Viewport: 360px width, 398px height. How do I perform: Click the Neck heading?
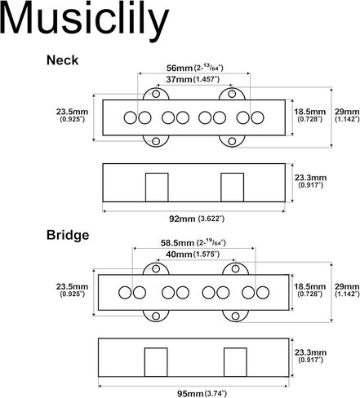point(62,60)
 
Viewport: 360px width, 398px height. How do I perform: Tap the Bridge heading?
point(68,235)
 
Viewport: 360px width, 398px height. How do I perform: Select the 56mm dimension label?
point(180,68)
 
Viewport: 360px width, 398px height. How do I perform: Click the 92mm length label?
point(182,219)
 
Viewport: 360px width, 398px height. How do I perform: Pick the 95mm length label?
point(190,393)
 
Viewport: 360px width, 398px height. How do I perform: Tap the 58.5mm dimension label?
point(177,243)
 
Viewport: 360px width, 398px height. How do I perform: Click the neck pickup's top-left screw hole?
point(156,94)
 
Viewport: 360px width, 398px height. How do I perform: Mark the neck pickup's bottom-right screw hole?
point(232,141)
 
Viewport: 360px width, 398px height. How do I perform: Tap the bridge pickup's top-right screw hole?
point(235,269)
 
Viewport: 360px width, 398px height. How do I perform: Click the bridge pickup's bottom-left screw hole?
point(156,316)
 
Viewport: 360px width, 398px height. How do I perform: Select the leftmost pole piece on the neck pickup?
point(131,117)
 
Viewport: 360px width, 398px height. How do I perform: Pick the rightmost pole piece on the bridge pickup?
point(263,293)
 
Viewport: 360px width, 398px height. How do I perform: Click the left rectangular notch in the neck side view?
point(157,188)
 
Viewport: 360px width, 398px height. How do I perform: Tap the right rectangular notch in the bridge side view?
point(235,362)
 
